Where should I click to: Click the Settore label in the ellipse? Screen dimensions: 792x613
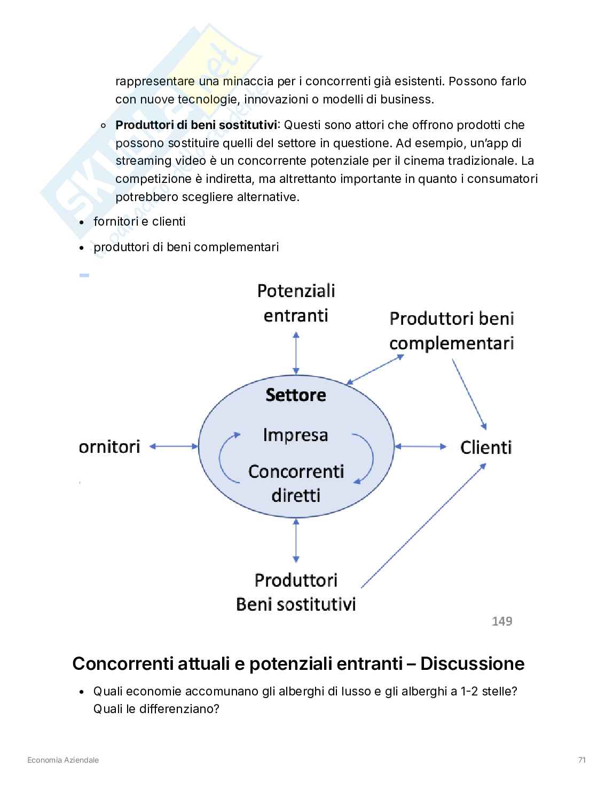click(296, 395)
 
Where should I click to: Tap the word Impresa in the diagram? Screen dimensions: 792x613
click(295, 435)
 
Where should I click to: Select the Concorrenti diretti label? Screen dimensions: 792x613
click(296, 483)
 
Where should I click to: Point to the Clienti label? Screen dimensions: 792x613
click(486, 447)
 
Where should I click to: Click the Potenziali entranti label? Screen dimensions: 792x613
click(296, 303)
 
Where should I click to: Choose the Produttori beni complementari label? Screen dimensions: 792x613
click(451, 331)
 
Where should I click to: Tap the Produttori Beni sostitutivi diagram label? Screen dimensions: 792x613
click(296, 592)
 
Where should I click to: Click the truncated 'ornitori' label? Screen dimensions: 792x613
click(109, 446)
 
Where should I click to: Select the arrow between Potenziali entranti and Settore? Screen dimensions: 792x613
click(296, 353)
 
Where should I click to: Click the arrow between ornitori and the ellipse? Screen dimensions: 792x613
click(174, 446)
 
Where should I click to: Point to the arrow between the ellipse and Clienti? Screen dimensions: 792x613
click(420, 446)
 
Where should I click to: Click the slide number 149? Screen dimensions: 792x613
click(502, 621)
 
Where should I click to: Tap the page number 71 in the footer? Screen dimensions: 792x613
click(582, 760)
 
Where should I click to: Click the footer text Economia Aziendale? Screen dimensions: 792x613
click(63, 760)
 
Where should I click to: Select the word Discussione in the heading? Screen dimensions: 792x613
click(472, 663)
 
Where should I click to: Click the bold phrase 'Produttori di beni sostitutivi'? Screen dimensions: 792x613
click(196, 125)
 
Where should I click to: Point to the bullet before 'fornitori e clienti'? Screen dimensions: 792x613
click(82, 222)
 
